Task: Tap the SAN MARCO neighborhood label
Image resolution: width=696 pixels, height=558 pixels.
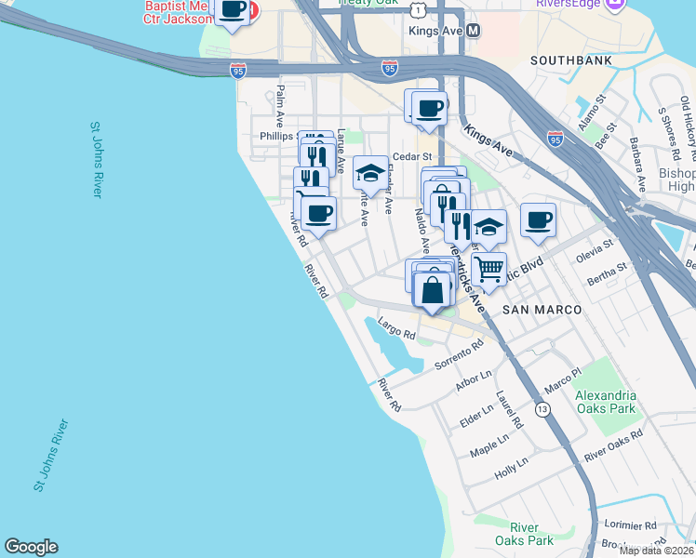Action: click(542, 309)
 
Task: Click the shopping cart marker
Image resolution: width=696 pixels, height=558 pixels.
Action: click(489, 271)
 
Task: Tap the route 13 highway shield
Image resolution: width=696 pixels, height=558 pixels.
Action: click(542, 409)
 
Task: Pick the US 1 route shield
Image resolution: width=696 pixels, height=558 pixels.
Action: click(422, 8)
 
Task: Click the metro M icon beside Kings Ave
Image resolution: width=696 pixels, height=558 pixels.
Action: click(474, 31)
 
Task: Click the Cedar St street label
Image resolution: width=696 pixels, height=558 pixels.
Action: click(412, 157)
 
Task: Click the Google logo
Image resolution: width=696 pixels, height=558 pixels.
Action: click(31, 547)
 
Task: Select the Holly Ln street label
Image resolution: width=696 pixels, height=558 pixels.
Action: click(511, 467)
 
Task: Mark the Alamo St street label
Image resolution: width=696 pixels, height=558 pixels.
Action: click(590, 111)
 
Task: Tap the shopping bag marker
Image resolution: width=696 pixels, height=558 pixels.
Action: click(434, 290)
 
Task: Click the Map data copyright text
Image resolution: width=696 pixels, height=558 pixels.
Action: click(657, 551)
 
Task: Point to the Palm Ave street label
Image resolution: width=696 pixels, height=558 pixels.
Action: click(279, 106)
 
